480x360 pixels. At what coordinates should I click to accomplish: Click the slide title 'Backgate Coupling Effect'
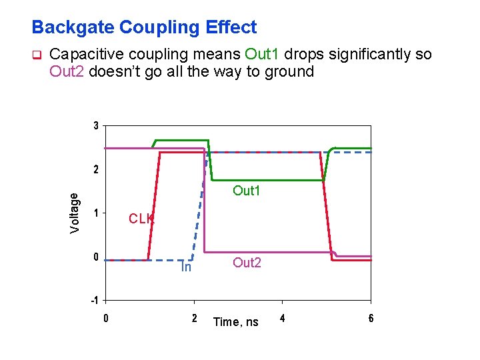(x=144, y=27)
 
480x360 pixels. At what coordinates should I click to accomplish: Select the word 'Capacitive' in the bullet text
(x=85, y=55)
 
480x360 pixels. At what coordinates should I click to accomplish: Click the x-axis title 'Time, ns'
(x=235, y=322)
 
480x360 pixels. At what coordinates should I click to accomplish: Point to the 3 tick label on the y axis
(x=97, y=126)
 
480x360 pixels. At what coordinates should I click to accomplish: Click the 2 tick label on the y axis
(x=97, y=170)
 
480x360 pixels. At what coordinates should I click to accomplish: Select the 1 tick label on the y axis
(x=97, y=213)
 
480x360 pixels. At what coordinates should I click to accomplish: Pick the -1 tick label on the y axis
(x=95, y=300)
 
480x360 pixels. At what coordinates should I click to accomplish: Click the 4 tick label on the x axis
(x=283, y=318)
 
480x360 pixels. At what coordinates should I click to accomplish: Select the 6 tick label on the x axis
(x=371, y=318)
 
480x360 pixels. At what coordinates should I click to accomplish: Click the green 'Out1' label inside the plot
(x=246, y=191)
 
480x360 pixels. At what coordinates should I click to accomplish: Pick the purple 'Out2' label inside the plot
(x=247, y=263)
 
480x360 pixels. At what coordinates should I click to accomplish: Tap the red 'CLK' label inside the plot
(x=141, y=219)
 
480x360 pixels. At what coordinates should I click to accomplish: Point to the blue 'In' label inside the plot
(x=187, y=267)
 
